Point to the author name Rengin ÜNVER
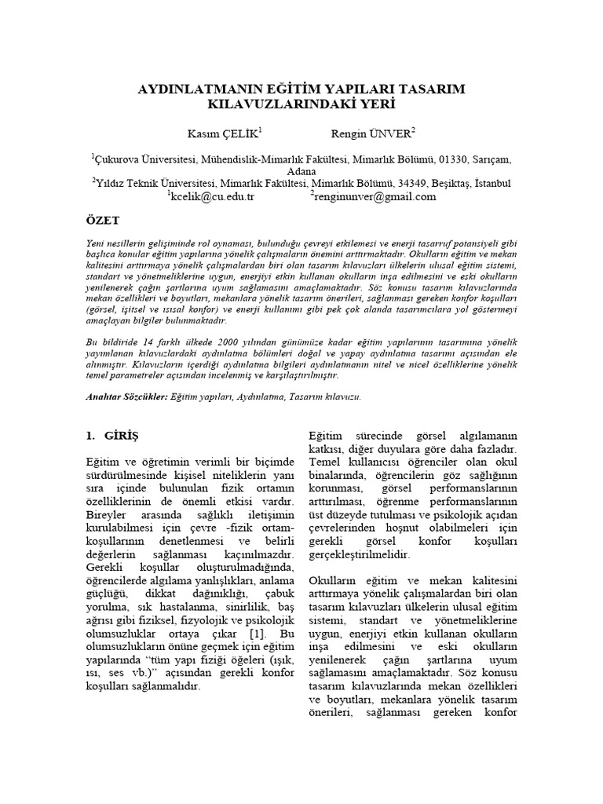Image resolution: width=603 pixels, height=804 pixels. point(365,132)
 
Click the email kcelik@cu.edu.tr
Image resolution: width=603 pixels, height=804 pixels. point(211,196)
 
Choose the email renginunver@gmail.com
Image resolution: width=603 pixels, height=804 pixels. point(375,196)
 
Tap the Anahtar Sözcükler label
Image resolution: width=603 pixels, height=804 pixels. point(126,398)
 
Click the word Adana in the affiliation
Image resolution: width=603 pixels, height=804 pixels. point(301,171)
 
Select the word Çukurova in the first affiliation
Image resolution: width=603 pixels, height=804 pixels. point(119,159)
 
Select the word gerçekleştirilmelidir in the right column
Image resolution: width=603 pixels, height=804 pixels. point(360,555)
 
